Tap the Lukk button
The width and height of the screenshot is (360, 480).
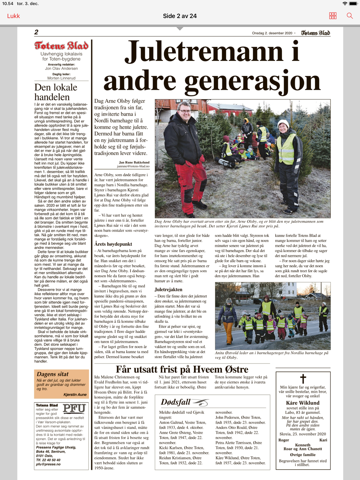click(x=13, y=16)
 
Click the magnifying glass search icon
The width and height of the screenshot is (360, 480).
click(x=350, y=16)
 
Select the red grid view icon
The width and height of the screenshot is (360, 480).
click(x=333, y=16)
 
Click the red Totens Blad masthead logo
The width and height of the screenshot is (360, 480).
click(x=62, y=46)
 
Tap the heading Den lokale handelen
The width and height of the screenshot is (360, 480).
click(x=56, y=92)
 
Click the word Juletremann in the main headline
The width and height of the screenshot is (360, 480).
click(x=203, y=51)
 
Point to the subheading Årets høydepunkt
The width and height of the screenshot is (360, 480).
click(x=113, y=244)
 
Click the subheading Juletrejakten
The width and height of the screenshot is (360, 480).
click(x=168, y=289)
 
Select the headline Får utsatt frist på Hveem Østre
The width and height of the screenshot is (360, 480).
click(x=182, y=369)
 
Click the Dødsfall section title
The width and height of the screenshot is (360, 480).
click(x=176, y=402)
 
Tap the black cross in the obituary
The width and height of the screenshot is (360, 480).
click(x=303, y=379)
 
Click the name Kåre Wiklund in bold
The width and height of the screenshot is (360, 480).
click(x=303, y=403)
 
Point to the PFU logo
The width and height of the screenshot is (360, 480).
click(x=74, y=408)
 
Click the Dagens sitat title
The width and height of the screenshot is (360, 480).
click(x=53, y=374)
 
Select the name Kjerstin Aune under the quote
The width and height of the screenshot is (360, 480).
click(x=75, y=395)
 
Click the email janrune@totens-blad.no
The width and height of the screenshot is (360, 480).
click(x=133, y=166)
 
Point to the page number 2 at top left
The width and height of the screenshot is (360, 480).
click(x=36, y=32)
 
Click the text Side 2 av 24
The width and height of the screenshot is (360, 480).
click(x=180, y=16)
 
